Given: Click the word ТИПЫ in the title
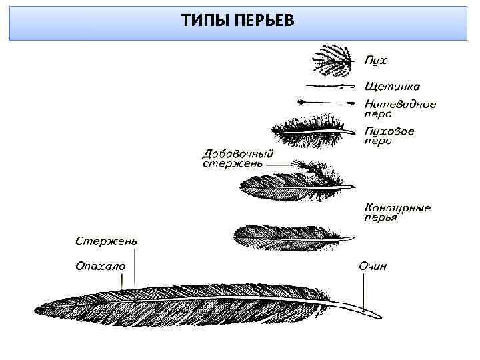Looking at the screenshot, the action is (x=203, y=21).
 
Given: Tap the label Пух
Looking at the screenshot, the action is (x=375, y=60).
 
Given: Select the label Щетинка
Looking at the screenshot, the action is (x=392, y=86).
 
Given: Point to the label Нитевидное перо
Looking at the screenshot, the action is (x=399, y=108).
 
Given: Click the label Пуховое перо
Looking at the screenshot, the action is (x=389, y=136).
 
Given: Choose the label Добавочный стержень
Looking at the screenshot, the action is (x=237, y=159).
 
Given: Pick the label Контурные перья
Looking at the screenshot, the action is (x=397, y=212).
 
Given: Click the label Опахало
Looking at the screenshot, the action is (x=100, y=265).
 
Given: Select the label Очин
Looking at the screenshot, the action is (x=373, y=266).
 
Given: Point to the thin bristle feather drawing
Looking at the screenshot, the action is (x=330, y=86).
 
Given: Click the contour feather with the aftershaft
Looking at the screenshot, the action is (x=290, y=184).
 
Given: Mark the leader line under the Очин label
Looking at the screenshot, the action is (x=364, y=290).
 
